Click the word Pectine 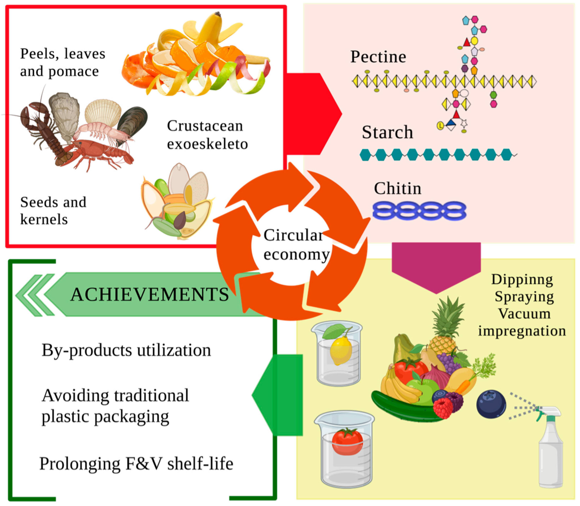[x=378, y=57]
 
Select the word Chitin [x=397, y=188]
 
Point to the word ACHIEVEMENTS [x=149, y=294]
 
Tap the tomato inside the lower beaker [x=347, y=442]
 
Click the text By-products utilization [x=126, y=350]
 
